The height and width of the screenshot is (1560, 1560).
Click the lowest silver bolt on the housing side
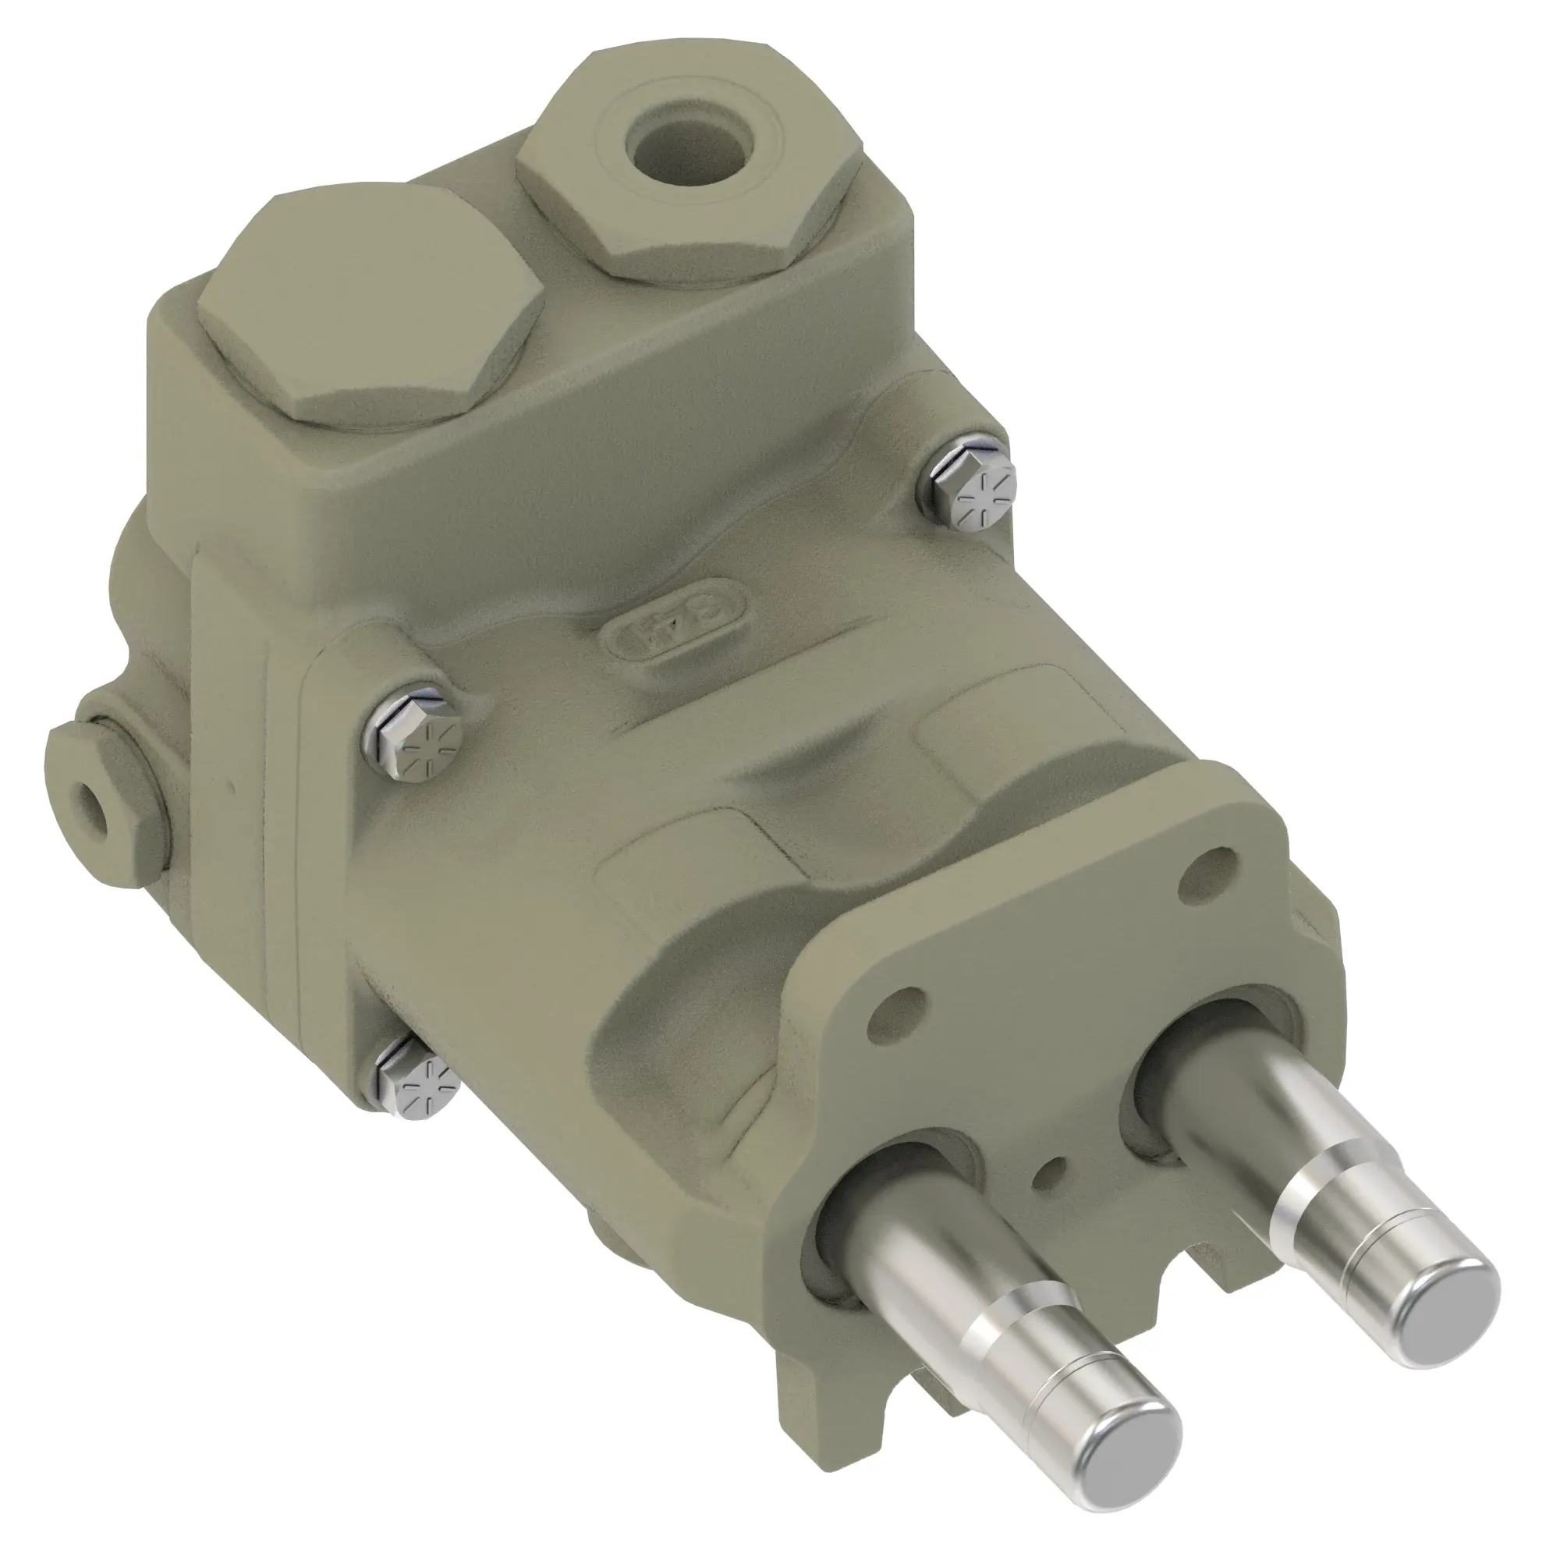[x=416, y=1082]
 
